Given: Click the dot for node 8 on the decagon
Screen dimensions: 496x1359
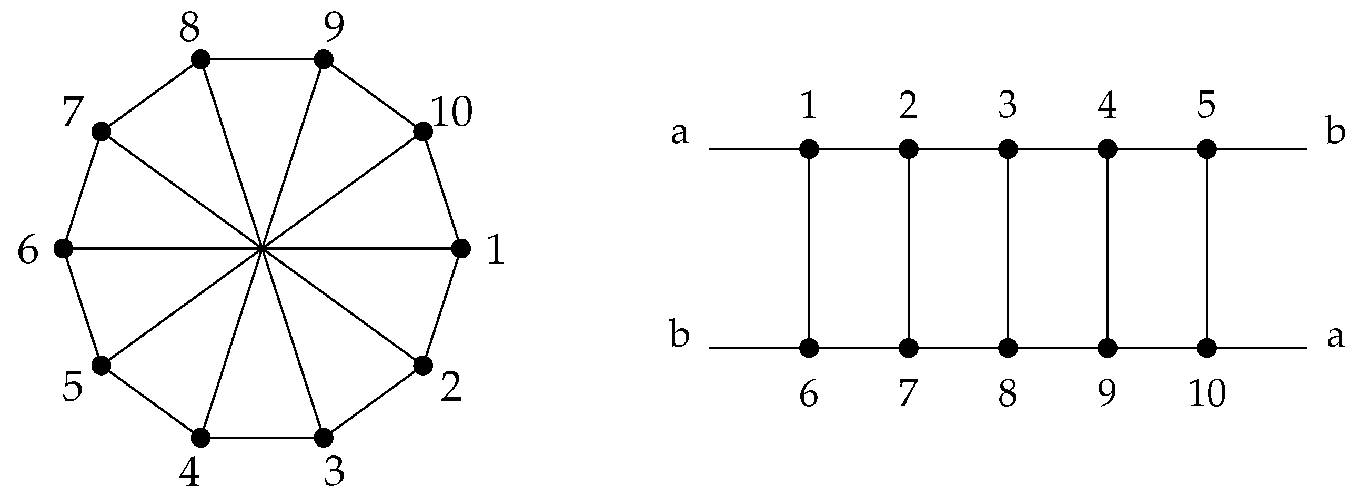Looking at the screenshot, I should (x=200, y=59).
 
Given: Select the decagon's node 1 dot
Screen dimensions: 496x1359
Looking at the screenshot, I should (x=461, y=248).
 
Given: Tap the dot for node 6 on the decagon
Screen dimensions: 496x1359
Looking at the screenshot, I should (x=63, y=248).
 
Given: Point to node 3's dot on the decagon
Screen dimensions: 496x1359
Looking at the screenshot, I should (x=324, y=438).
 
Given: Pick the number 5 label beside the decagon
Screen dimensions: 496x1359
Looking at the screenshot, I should (x=72, y=387).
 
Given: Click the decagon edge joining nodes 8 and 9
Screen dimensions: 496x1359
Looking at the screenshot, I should (x=262, y=59).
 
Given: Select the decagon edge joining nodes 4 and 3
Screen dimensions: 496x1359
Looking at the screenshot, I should (x=262, y=438).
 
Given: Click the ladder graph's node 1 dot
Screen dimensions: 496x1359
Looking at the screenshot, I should (x=809, y=149).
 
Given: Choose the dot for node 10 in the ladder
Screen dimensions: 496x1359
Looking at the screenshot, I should (x=1207, y=348).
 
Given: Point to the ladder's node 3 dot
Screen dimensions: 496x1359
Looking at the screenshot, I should (x=1008, y=149).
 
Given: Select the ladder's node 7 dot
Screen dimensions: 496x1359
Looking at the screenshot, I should (x=908, y=348).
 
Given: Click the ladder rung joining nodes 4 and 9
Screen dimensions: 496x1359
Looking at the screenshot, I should (x=1108, y=249).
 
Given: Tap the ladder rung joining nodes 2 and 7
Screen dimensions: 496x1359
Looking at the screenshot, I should (x=908, y=249).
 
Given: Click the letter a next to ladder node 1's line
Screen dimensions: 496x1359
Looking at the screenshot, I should (x=680, y=135).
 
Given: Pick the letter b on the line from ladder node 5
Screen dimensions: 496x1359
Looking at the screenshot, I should (x=1335, y=131).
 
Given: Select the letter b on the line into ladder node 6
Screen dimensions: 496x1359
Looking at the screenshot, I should (x=680, y=335).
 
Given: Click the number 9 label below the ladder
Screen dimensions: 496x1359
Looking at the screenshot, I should (x=1107, y=393).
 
